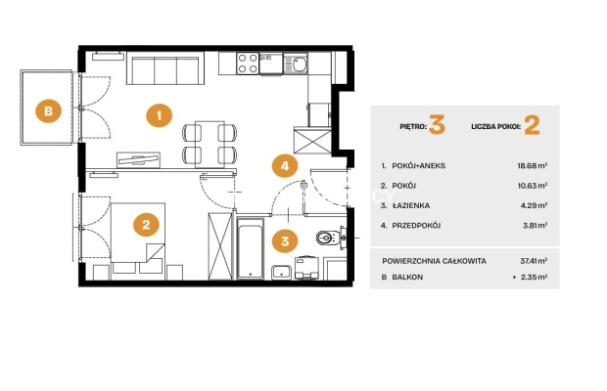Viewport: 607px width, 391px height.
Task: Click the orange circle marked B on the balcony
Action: click(48, 111)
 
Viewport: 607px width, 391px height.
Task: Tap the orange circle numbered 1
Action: click(160, 115)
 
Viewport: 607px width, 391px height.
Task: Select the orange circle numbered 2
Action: click(146, 225)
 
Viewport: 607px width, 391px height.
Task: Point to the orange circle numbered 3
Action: click(285, 241)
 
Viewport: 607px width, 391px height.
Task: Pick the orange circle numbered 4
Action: click(285, 166)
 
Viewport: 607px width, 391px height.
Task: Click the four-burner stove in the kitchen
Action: click(248, 64)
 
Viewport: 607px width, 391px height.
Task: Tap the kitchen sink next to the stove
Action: click(296, 64)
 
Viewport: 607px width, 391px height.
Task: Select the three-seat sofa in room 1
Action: click(165, 70)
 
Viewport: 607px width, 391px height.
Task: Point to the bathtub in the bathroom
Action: click(251, 248)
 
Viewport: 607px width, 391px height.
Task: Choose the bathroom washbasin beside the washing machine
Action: click(281, 272)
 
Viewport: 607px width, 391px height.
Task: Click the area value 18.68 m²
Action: click(533, 166)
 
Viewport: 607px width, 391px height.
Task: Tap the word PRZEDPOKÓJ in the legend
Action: click(416, 225)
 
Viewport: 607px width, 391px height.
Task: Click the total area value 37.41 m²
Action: click(534, 261)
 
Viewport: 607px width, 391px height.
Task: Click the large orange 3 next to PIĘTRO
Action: click(437, 125)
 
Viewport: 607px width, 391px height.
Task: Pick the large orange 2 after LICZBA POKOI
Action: click(532, 125)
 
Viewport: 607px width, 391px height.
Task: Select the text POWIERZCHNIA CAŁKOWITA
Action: click(434, 261)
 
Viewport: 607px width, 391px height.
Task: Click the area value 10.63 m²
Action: click(533, 186)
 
